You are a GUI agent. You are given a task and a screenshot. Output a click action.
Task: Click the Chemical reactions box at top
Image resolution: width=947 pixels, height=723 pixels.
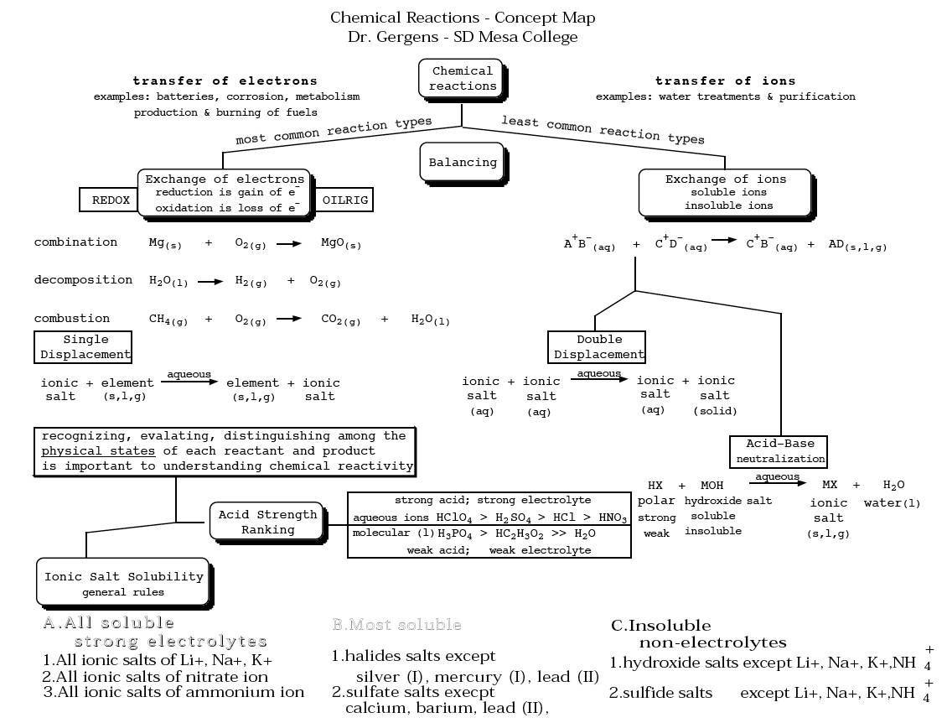click(x=463, y=78)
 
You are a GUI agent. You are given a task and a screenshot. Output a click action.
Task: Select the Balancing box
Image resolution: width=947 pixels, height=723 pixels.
click(x=463, y=163)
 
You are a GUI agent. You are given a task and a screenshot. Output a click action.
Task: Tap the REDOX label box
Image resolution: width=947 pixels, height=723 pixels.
click(x=110, y=200)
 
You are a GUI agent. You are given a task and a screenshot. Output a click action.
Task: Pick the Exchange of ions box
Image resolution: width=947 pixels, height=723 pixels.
click(x=726, y=192)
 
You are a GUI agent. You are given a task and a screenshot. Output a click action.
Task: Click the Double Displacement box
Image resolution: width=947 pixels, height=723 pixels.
click(x=598, y=346)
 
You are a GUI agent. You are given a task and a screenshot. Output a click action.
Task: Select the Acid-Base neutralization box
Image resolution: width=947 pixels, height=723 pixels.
click(x=779, y=451)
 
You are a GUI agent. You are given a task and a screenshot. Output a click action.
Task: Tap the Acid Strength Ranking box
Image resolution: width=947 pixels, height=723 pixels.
click(x=267, y=522)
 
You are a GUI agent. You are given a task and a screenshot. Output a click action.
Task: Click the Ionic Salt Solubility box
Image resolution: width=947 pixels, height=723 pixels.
click(x=123, y=583)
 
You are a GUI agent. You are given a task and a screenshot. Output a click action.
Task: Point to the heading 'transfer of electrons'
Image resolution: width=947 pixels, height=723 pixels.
click(x=225, y=81)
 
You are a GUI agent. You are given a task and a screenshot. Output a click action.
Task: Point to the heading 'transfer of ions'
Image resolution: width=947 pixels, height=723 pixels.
click(x=725, y=81)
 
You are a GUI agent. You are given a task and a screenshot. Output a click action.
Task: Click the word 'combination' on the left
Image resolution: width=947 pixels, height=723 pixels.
click(x=75, y=242)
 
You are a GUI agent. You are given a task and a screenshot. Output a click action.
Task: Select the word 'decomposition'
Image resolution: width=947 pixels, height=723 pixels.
click(x=83, y=279)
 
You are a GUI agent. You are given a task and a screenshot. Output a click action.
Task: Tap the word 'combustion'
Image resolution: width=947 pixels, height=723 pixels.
click(x=71, y=318)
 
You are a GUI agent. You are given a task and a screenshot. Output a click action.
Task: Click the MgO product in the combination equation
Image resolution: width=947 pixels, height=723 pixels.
click(x=341, y=243)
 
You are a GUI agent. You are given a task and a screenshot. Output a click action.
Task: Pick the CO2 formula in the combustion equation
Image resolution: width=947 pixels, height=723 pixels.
click(x=340, y=320)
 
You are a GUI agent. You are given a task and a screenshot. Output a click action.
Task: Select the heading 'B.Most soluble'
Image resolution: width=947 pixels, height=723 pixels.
click(x=396, y=625)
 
